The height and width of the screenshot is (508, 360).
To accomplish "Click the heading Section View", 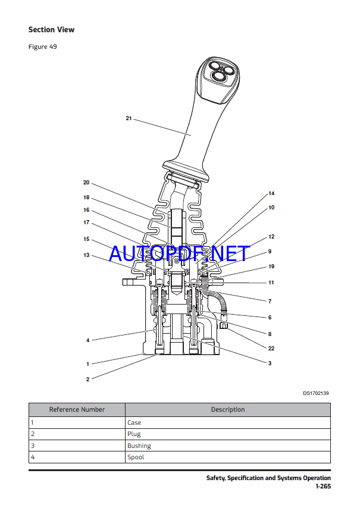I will click(52, 29).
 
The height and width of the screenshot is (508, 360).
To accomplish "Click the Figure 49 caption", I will click(43, 46).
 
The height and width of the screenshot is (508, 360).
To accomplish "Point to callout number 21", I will click(129, 118).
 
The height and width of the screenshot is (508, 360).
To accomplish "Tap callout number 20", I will click(86, 183).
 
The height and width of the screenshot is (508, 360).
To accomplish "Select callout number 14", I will click(271, 193).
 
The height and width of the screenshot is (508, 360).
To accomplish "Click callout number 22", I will click(271, 349).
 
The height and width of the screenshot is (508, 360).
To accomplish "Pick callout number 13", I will click(86, 255).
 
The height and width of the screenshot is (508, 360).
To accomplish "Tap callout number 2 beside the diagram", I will click(87, 379).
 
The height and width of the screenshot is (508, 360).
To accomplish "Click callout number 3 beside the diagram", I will click(270, 363).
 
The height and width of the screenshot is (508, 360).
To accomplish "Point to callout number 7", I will click(270, 302).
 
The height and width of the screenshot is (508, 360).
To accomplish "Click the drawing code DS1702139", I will click(315, 393).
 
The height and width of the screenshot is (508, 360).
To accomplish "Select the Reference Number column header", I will click(77, 409).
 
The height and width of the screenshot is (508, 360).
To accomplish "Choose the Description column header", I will click(227, 409).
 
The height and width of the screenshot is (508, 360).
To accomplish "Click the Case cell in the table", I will click(134, 422).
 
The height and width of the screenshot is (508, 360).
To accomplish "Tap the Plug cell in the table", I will click(134, 434).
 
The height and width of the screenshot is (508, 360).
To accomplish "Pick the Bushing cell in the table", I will click(139, 446).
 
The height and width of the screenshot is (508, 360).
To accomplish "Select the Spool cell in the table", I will click(136, 457).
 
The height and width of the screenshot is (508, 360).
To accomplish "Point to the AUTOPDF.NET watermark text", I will click(179, 254).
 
